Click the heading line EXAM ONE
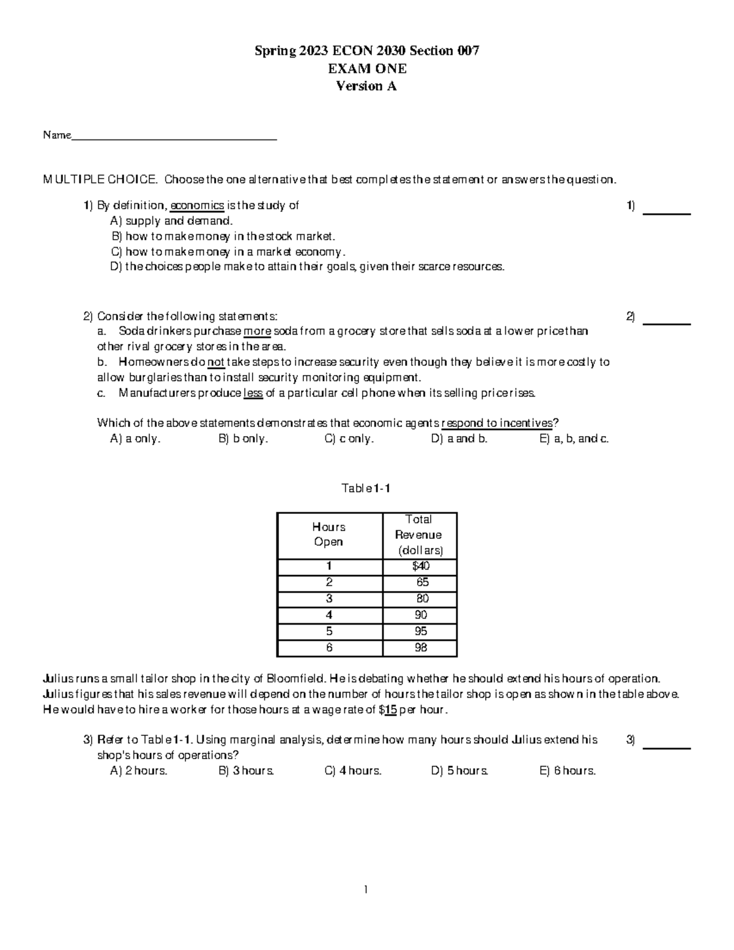pyautogui.click(x=366, y=69)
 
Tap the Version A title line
pyautogui.click(x=366, y=86)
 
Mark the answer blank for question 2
pyautogui.click(x=668, y=322)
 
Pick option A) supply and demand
pyautogui.click(x=171, y=221)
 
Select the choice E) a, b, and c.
pyautogui.click(x=574, y=439)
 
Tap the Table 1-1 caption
pyautogui.click(x=366, y=488)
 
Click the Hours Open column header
pyautogui.click(x=329, y=535)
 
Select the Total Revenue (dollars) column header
pyautogui.click(x=420, y=535)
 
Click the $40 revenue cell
pyautogui.click(x=421, y=566)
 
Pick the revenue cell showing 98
pyautogui.click(x=421, y=647)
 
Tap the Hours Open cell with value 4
pyautogui.click(x=329, y=615)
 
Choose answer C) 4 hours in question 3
pyautogui.click(x=353, y=771)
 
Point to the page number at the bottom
pyautogui.click(x=366, y=889)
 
